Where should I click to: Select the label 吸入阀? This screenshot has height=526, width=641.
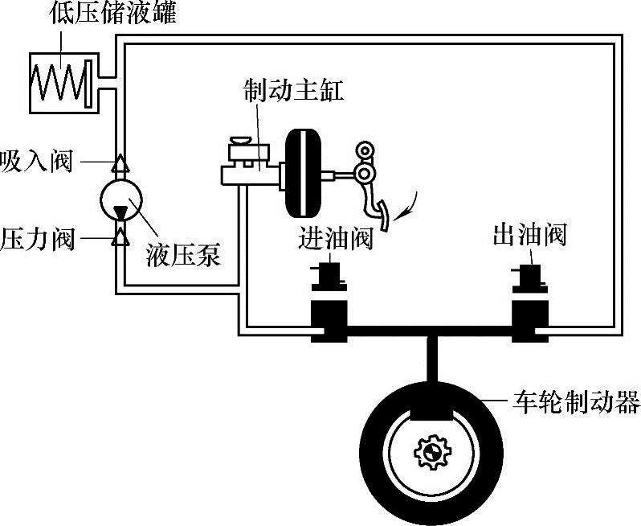[37, 162]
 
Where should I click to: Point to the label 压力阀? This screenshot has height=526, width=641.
[37, 239]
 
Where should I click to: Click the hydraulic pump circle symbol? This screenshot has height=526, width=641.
[120, 199]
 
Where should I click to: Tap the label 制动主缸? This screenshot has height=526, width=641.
[294, 90]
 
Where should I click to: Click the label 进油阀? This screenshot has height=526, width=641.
[336, 237]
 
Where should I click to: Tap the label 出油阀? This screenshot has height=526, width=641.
[530, 236]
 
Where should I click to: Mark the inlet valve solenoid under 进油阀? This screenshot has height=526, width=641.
[329, 277]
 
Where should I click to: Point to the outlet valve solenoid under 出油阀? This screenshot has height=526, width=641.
[531, 277]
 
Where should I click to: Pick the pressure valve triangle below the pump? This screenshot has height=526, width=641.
[120, 236]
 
